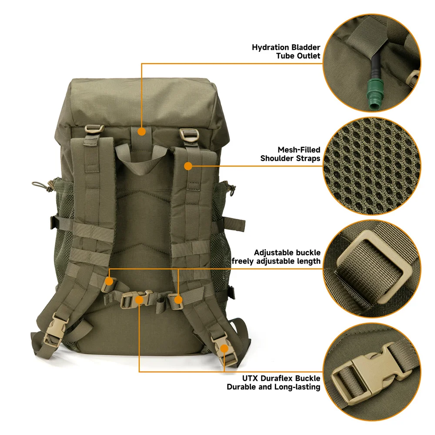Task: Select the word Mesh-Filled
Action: [299, 150]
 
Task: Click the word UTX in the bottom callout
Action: [250, 378]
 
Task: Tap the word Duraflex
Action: [277, 378]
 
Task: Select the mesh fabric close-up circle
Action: [372, 166]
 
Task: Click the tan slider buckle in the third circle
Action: [374, 268]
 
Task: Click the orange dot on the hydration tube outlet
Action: [141, 131]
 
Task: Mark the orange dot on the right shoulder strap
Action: [188, 166]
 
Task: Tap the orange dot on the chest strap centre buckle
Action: [139, 300]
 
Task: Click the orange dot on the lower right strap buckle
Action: [224, 348]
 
